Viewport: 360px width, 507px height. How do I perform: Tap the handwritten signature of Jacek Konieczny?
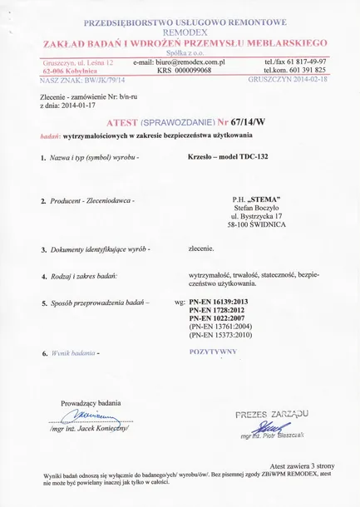(89, 416)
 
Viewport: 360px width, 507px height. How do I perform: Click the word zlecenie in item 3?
(201, 249)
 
